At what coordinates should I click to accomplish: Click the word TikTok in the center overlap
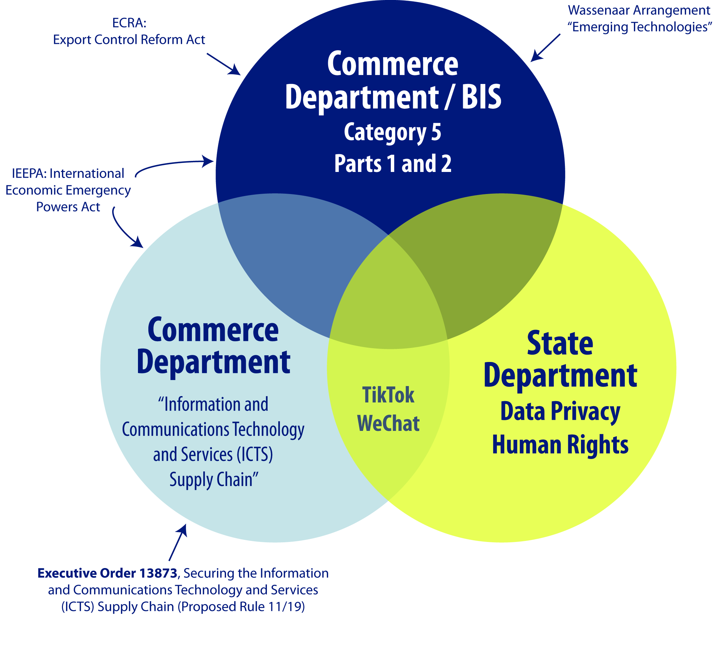(388, 395)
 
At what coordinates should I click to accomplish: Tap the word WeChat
(388, 423)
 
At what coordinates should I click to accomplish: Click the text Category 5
(392, 132)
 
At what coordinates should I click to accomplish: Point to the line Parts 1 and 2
(393, 164)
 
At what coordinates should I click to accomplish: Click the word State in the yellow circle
(560, 343)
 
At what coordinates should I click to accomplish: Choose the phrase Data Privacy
(560, 411)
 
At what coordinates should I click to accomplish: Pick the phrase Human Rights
(560, 445)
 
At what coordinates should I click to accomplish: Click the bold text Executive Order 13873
(107, 573)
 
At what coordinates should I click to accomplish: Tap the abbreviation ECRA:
(129, 23)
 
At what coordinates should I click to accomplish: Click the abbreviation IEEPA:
(29, 173)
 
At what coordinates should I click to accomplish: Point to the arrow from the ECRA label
(223, 64)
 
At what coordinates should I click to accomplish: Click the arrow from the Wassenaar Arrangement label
(545, 48)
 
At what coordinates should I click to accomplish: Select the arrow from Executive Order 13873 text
(178, 542)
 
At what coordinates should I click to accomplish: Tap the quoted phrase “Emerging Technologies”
(640, 27)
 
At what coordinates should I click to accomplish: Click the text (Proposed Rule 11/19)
(241, 607)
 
